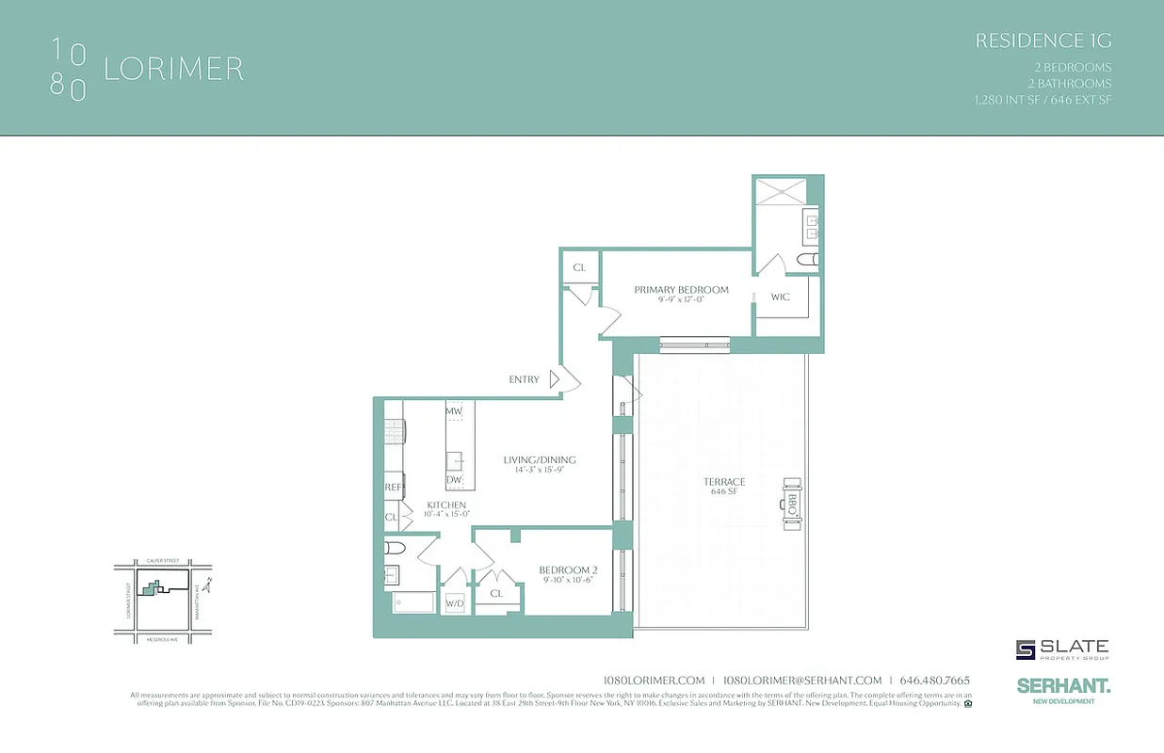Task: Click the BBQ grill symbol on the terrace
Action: point(792,500)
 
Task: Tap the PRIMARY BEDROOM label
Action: point(681,290)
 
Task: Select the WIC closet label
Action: point(780,297)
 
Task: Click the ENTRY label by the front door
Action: point(524,380)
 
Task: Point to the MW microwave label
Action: point(454,412)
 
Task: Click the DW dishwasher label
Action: point(454,480)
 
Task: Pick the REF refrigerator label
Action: point(393,488)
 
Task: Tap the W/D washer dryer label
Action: point(455,603)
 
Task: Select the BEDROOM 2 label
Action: point(568,570)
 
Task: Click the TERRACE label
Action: point(723,482)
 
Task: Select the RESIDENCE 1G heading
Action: point(1043,40)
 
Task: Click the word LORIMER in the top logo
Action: point(173,69)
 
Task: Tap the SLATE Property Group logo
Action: point(1062,649)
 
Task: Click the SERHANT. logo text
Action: point(1063,687)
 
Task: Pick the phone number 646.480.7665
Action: point(934,681)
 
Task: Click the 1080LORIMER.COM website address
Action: point(653,681)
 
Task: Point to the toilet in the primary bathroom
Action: point(808,259)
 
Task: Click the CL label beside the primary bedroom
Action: point(579,267)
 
